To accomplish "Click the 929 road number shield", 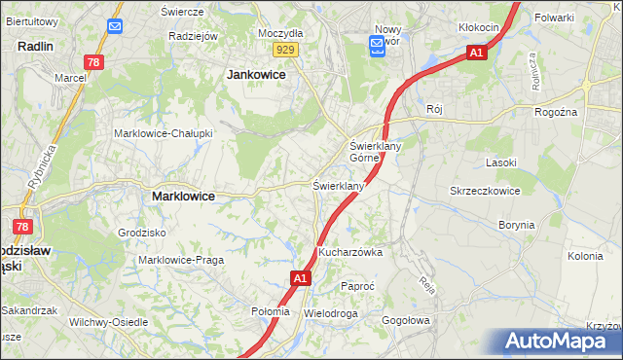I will pos(284,49).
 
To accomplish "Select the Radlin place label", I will pos(35,46).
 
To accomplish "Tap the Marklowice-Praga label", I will pos(181,260).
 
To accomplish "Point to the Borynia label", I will pos(517,225).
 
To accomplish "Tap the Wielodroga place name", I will pos(331,314).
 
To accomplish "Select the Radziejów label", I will pos(191,36).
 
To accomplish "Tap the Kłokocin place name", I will pos(478,27).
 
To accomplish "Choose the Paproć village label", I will pos(357,287).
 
